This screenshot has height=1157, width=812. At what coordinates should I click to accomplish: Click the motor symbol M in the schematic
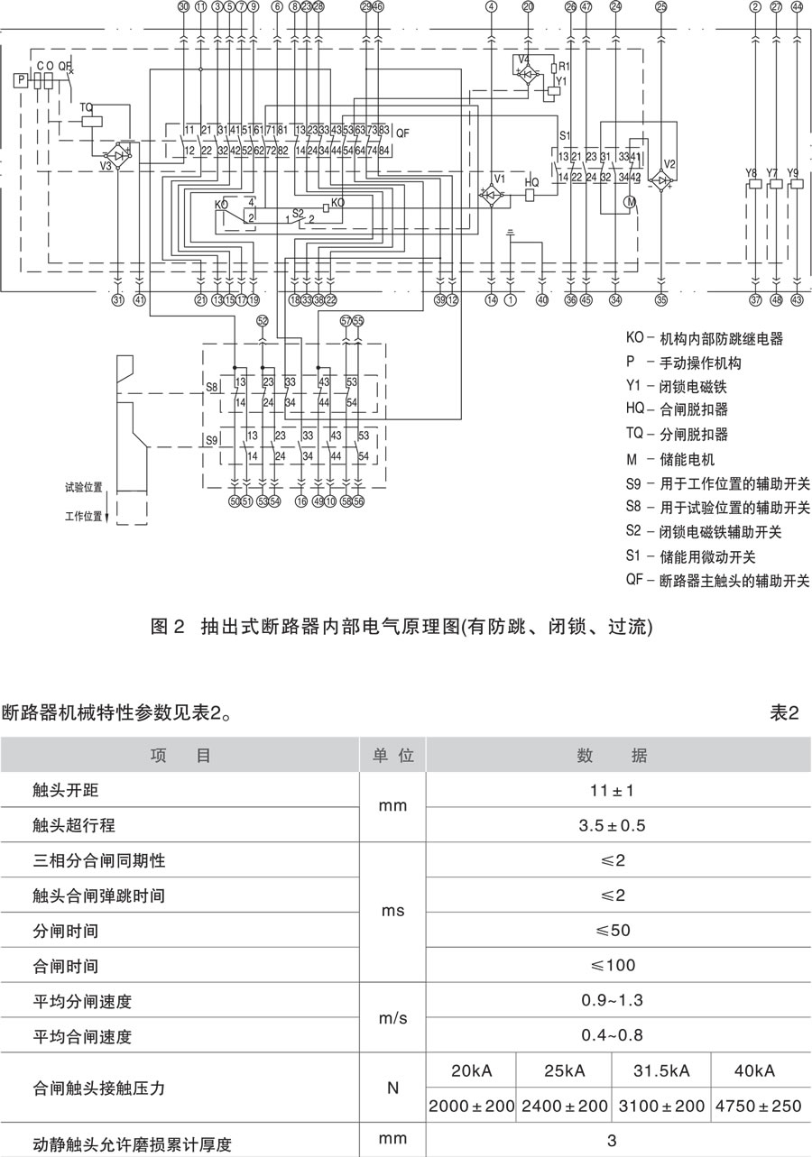coord(631,202)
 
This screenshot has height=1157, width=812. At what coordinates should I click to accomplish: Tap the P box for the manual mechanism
coord(20,81)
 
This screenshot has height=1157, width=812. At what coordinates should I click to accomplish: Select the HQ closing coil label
coord(532,182)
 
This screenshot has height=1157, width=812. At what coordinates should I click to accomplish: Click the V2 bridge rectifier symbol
coord(661,180)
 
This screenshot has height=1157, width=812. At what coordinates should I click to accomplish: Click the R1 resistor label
coord(564,67)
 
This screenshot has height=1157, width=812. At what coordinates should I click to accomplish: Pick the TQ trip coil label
coord(87,107)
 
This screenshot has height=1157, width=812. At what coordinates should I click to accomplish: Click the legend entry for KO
coord(705,339)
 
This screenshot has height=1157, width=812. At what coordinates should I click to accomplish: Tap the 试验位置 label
coord(83,486)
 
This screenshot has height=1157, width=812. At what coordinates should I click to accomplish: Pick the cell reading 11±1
coord(612,791)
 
